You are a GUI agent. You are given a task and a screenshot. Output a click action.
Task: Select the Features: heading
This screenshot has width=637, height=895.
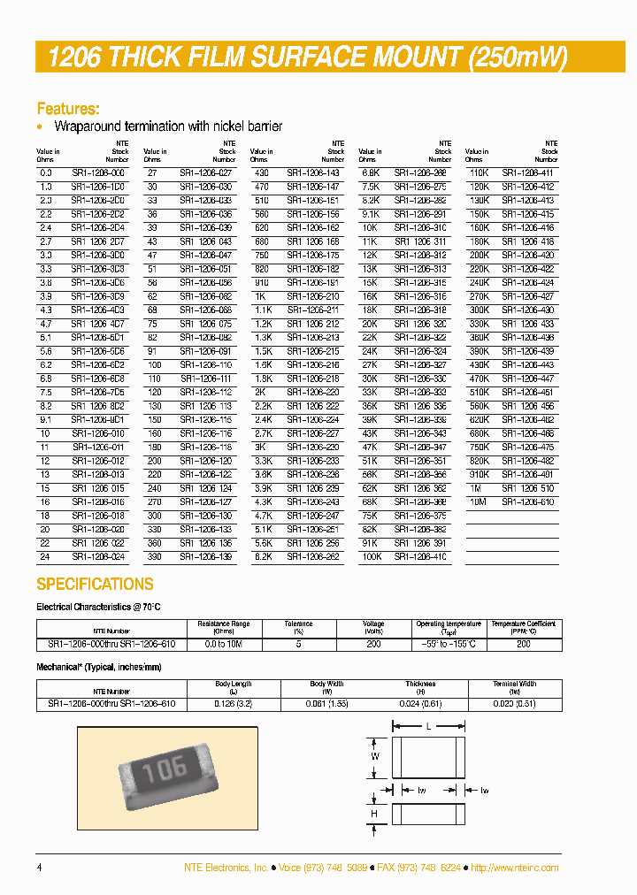[x=67, y=109]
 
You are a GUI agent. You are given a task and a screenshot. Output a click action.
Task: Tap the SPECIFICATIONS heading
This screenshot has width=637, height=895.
[x=95, y=585]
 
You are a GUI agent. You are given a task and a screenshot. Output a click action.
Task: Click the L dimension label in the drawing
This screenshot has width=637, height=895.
[x=429, y=725]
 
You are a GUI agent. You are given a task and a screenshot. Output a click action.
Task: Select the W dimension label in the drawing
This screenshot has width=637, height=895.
[x=375, y=757]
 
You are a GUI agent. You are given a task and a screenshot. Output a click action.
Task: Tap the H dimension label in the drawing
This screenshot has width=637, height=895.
[x=374, y=814]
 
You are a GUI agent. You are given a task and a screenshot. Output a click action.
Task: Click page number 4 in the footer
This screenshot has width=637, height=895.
[x=39, y=868]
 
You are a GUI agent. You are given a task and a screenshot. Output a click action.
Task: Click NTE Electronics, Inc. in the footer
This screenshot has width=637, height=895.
[x=226, y=868]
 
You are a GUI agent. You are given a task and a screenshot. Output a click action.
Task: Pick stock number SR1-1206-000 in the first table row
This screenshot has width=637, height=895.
[x=98, y=172]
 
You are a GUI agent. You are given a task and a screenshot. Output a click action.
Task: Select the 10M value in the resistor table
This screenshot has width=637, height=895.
[x=478, y=501]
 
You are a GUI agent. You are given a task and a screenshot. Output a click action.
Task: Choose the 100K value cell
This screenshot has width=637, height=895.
[x=369, y=557]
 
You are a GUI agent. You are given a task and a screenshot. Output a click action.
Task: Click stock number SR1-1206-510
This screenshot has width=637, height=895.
[x=527, y=488]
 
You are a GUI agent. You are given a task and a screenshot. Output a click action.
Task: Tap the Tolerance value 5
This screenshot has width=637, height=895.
[x=298, y=645]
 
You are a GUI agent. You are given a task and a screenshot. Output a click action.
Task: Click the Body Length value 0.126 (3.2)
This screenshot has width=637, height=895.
[x=234, y=703]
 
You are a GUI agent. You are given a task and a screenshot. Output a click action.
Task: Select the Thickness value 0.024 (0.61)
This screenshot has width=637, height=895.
[x=421, y=703]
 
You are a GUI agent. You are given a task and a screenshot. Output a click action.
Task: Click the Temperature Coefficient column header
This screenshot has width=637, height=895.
[x=524, y=626]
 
